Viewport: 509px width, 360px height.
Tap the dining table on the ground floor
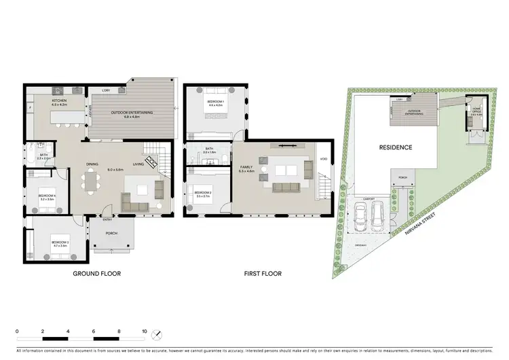click(90, 183)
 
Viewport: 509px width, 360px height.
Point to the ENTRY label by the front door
click(107, 219)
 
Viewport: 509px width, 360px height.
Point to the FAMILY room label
click(246, 168)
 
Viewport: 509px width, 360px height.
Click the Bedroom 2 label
click(203, 193)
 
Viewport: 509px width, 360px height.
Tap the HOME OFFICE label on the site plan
click(477, 112)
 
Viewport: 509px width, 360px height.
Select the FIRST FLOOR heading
click(263, 274)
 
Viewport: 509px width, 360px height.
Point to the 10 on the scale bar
click(143, 331)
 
